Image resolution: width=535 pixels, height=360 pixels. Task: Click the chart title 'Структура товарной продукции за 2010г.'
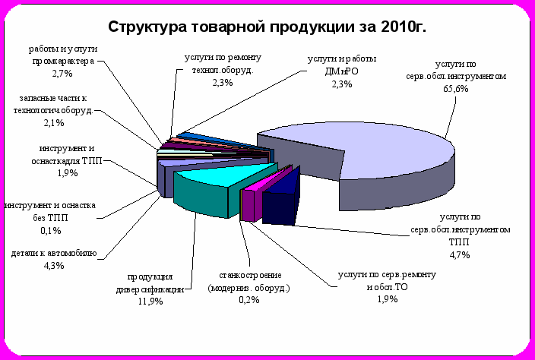pyautogui.click(x=267, y=27)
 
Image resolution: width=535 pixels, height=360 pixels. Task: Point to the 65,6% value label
pyautogui.click(x=456, y=89)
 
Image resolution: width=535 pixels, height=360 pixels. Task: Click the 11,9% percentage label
pyautogui.click(x=150, y=302)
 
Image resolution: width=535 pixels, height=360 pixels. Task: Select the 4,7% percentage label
pyautogui.click(x=459, y=254)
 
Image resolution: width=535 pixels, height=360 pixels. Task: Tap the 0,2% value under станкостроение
pyautogui.click(x=249, y=300)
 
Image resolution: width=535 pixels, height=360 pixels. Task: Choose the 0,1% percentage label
pyautogui.click(x=50, y=231)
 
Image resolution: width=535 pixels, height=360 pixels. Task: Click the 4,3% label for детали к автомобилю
pyautogui.click(x=53, y=265)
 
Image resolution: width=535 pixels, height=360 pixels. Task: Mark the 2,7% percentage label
pyautogui.click(x=62, y=74)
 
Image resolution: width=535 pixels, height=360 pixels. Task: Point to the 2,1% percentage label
pyautogui.click(x=53, y=123)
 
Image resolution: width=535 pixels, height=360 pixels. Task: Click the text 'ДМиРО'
pyautogui.click(x=341, y=71)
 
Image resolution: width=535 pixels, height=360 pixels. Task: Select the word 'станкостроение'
pyautogui.click(x=250, y=275)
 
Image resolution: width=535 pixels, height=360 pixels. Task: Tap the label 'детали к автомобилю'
pyautogui.click(x=54, y=254)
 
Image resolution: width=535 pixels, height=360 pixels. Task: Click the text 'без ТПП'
pyautogui.click(x=50, y=218)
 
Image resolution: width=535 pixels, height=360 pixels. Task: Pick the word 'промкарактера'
pyautogui.click(x=63, y=62)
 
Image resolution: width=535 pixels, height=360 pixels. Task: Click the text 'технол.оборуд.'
pyautogui.click(x=223, y=70)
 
